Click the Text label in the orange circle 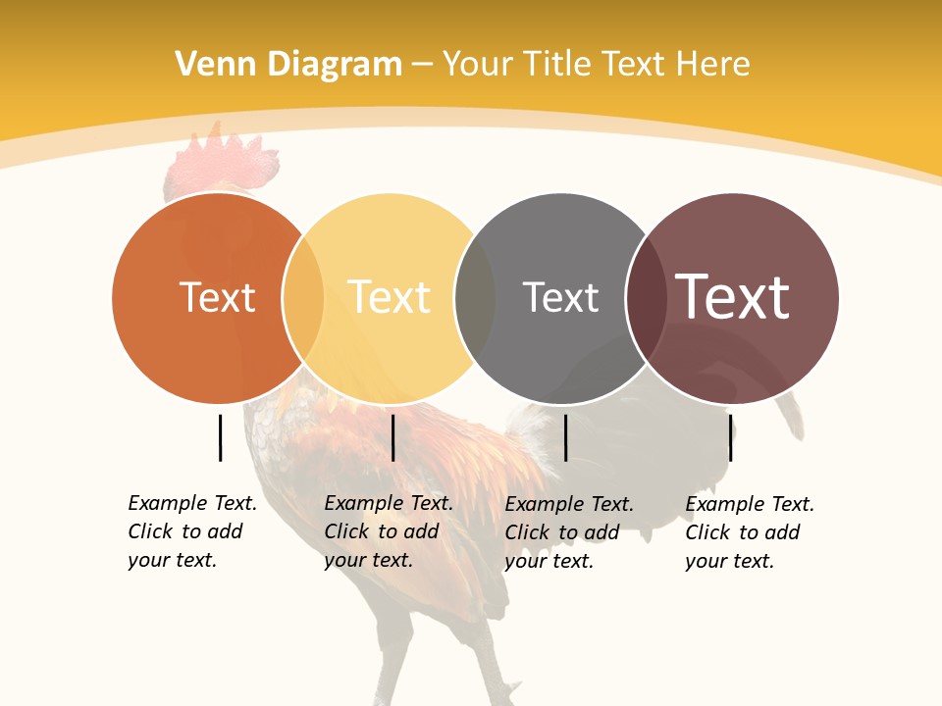217,297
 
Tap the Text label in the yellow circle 390,297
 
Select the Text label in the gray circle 560,297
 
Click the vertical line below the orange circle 220,437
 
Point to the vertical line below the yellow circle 392,437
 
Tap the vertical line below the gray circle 565,437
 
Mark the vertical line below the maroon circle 731,437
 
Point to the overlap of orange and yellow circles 303,298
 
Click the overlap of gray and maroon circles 646,298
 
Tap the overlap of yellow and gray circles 475,298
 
